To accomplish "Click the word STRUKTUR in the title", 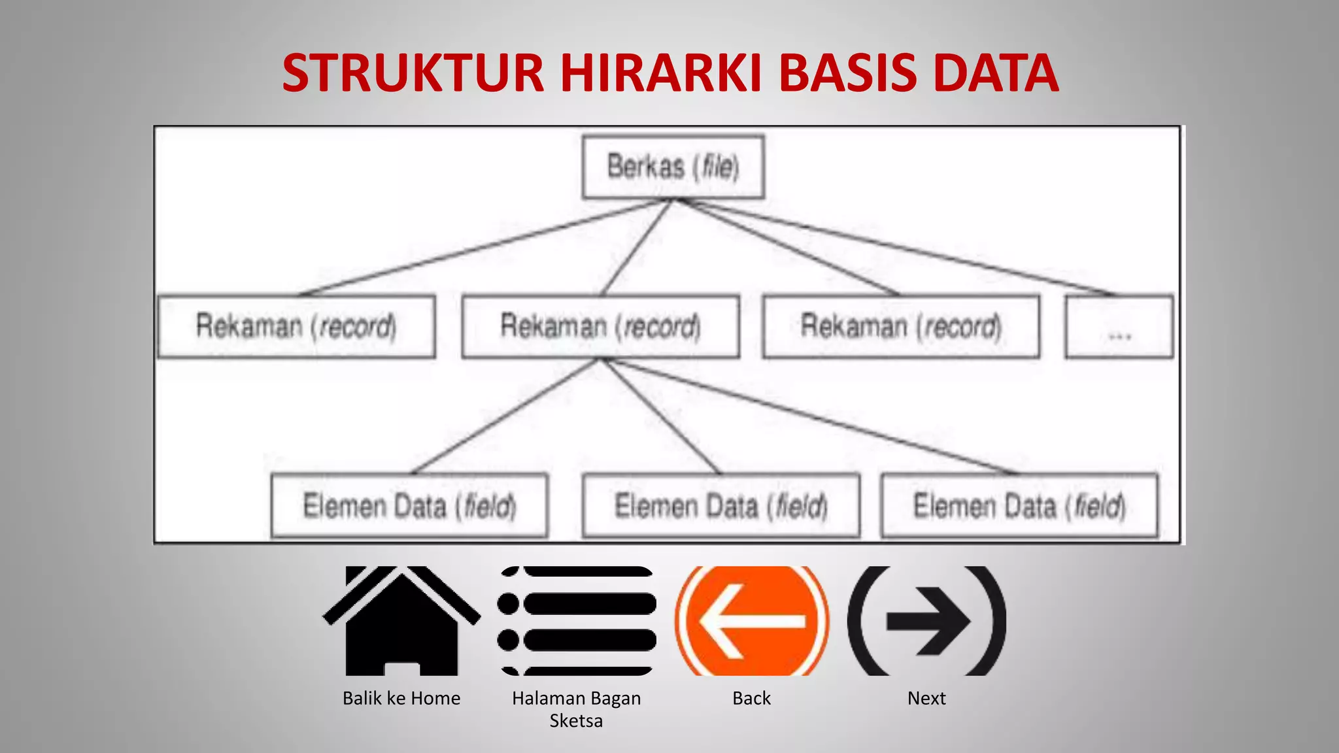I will [413, 73].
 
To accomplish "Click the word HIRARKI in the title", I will [661, 73].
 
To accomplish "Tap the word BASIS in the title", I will [848, 73].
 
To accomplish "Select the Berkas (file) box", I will [673, 167].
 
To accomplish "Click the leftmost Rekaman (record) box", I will [296, 326].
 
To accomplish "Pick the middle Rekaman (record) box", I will [600, 326].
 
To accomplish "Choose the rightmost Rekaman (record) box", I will [901, 326].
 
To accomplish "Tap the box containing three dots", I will [1119, 327].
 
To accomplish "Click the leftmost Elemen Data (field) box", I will [409, 506].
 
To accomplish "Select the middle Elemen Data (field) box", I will [720, 506].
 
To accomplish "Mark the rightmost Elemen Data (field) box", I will [1019, 506].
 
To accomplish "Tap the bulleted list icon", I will [577, 621].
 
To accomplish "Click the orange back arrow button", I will [752, 621].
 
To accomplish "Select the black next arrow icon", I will [926, 621].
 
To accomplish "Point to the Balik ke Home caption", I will [401, 698].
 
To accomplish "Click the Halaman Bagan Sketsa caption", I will [576, 709].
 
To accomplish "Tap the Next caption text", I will [926, 698].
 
